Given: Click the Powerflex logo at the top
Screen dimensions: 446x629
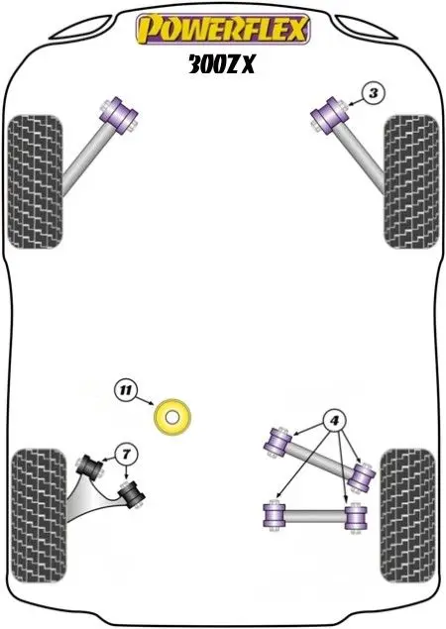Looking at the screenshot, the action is pos(223,29).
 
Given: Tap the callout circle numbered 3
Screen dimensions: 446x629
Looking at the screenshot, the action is pos(374,93).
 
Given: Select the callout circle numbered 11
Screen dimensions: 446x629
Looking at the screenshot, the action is pos(126,390).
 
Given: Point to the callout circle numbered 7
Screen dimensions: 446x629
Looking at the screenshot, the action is pos(127,455).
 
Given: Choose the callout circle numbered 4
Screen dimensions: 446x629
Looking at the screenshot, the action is pos(334,421).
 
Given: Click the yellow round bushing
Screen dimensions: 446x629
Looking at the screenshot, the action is pos(172,417).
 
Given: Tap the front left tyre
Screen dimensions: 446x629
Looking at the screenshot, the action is pos(36,181).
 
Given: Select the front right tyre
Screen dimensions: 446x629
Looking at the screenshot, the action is pos(410,181).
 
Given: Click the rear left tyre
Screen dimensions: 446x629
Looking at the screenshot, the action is pos(39,516).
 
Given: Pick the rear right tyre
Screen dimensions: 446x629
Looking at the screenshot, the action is pos(407,516).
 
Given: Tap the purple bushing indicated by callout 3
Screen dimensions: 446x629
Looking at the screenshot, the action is pos(329,116).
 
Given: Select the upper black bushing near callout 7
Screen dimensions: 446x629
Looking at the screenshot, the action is pos(89,468).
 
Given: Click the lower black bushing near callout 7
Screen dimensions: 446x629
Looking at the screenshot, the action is pos(131,494).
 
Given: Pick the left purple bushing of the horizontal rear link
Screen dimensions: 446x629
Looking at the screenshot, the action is pos(274,515).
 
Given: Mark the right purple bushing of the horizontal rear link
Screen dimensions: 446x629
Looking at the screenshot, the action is pos(356,518).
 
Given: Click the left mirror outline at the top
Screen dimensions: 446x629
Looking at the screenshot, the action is pos(80,28).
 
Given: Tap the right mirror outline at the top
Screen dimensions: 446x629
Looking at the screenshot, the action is pos(366,28).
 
